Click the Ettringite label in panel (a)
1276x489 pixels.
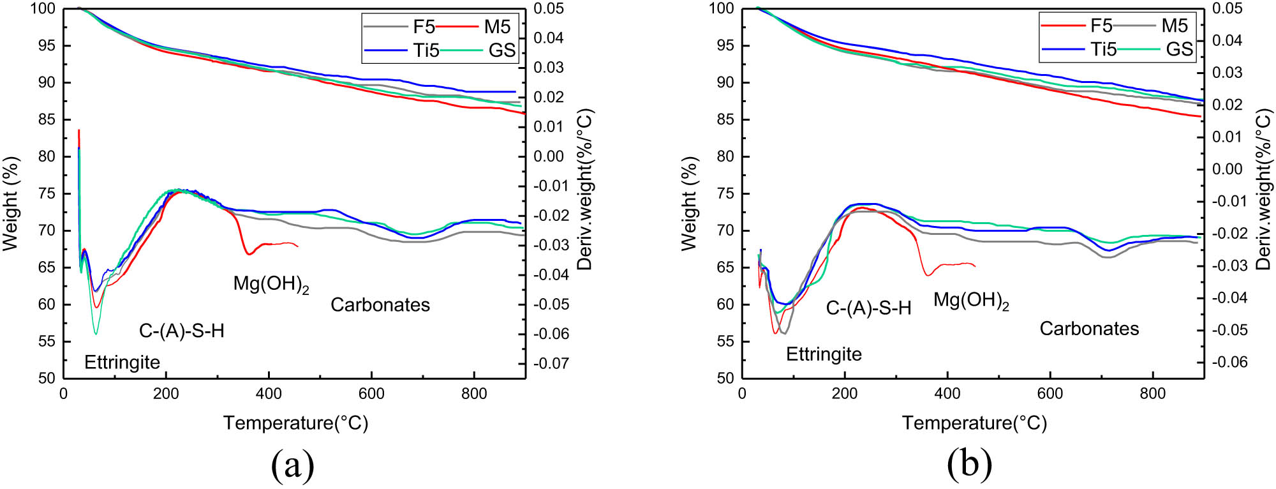tap(122, 363)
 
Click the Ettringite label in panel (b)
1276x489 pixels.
tap(824, 354)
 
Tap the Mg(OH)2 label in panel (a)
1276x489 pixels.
tap(271, 284)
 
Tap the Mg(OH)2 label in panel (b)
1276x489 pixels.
tap(971, 301)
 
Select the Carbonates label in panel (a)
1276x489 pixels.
tap(380, 305)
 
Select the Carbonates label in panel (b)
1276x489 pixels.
tap(1089, 329)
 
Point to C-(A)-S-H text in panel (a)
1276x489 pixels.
tap(182, 331)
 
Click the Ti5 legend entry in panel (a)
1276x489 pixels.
tap(426, 50)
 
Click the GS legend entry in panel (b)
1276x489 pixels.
tap(1179, 50)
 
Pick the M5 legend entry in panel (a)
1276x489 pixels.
tap(497, 27)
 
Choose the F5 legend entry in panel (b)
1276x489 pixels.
tap(1101, 26)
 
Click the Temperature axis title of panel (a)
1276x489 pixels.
tap(295, 423)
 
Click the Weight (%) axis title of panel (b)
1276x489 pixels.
tap(689, 203)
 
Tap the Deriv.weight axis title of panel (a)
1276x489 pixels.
tap(585, 190)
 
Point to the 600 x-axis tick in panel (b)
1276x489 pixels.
tap(1050, 394)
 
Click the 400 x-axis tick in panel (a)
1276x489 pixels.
tap(269, 394)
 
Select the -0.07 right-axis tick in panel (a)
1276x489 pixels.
tap(551, 364)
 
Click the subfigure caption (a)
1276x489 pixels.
tap(293, 465)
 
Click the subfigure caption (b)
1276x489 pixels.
tap(970, 465)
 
